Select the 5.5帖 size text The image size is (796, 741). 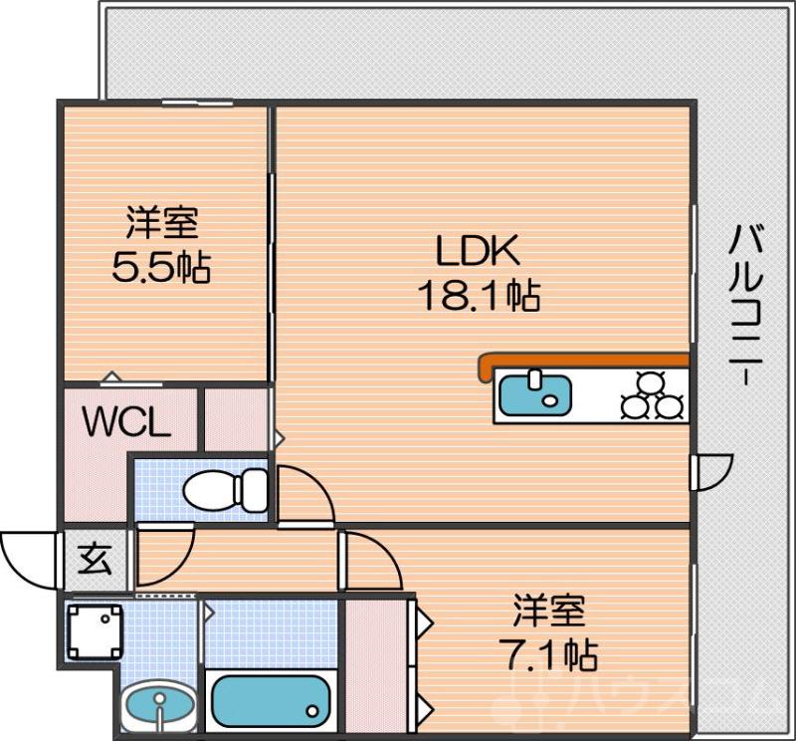(x=160, y=267)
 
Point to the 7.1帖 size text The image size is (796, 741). (x=547, y=654)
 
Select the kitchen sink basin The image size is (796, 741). (x=534, y=393)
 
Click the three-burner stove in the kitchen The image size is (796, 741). (x=653, y=395)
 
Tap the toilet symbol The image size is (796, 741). (x=227, y=489)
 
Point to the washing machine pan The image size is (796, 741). (x=95, y=631)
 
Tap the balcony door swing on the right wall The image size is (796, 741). (x=712, y=472)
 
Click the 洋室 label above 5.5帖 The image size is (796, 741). (x=161, y=222)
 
